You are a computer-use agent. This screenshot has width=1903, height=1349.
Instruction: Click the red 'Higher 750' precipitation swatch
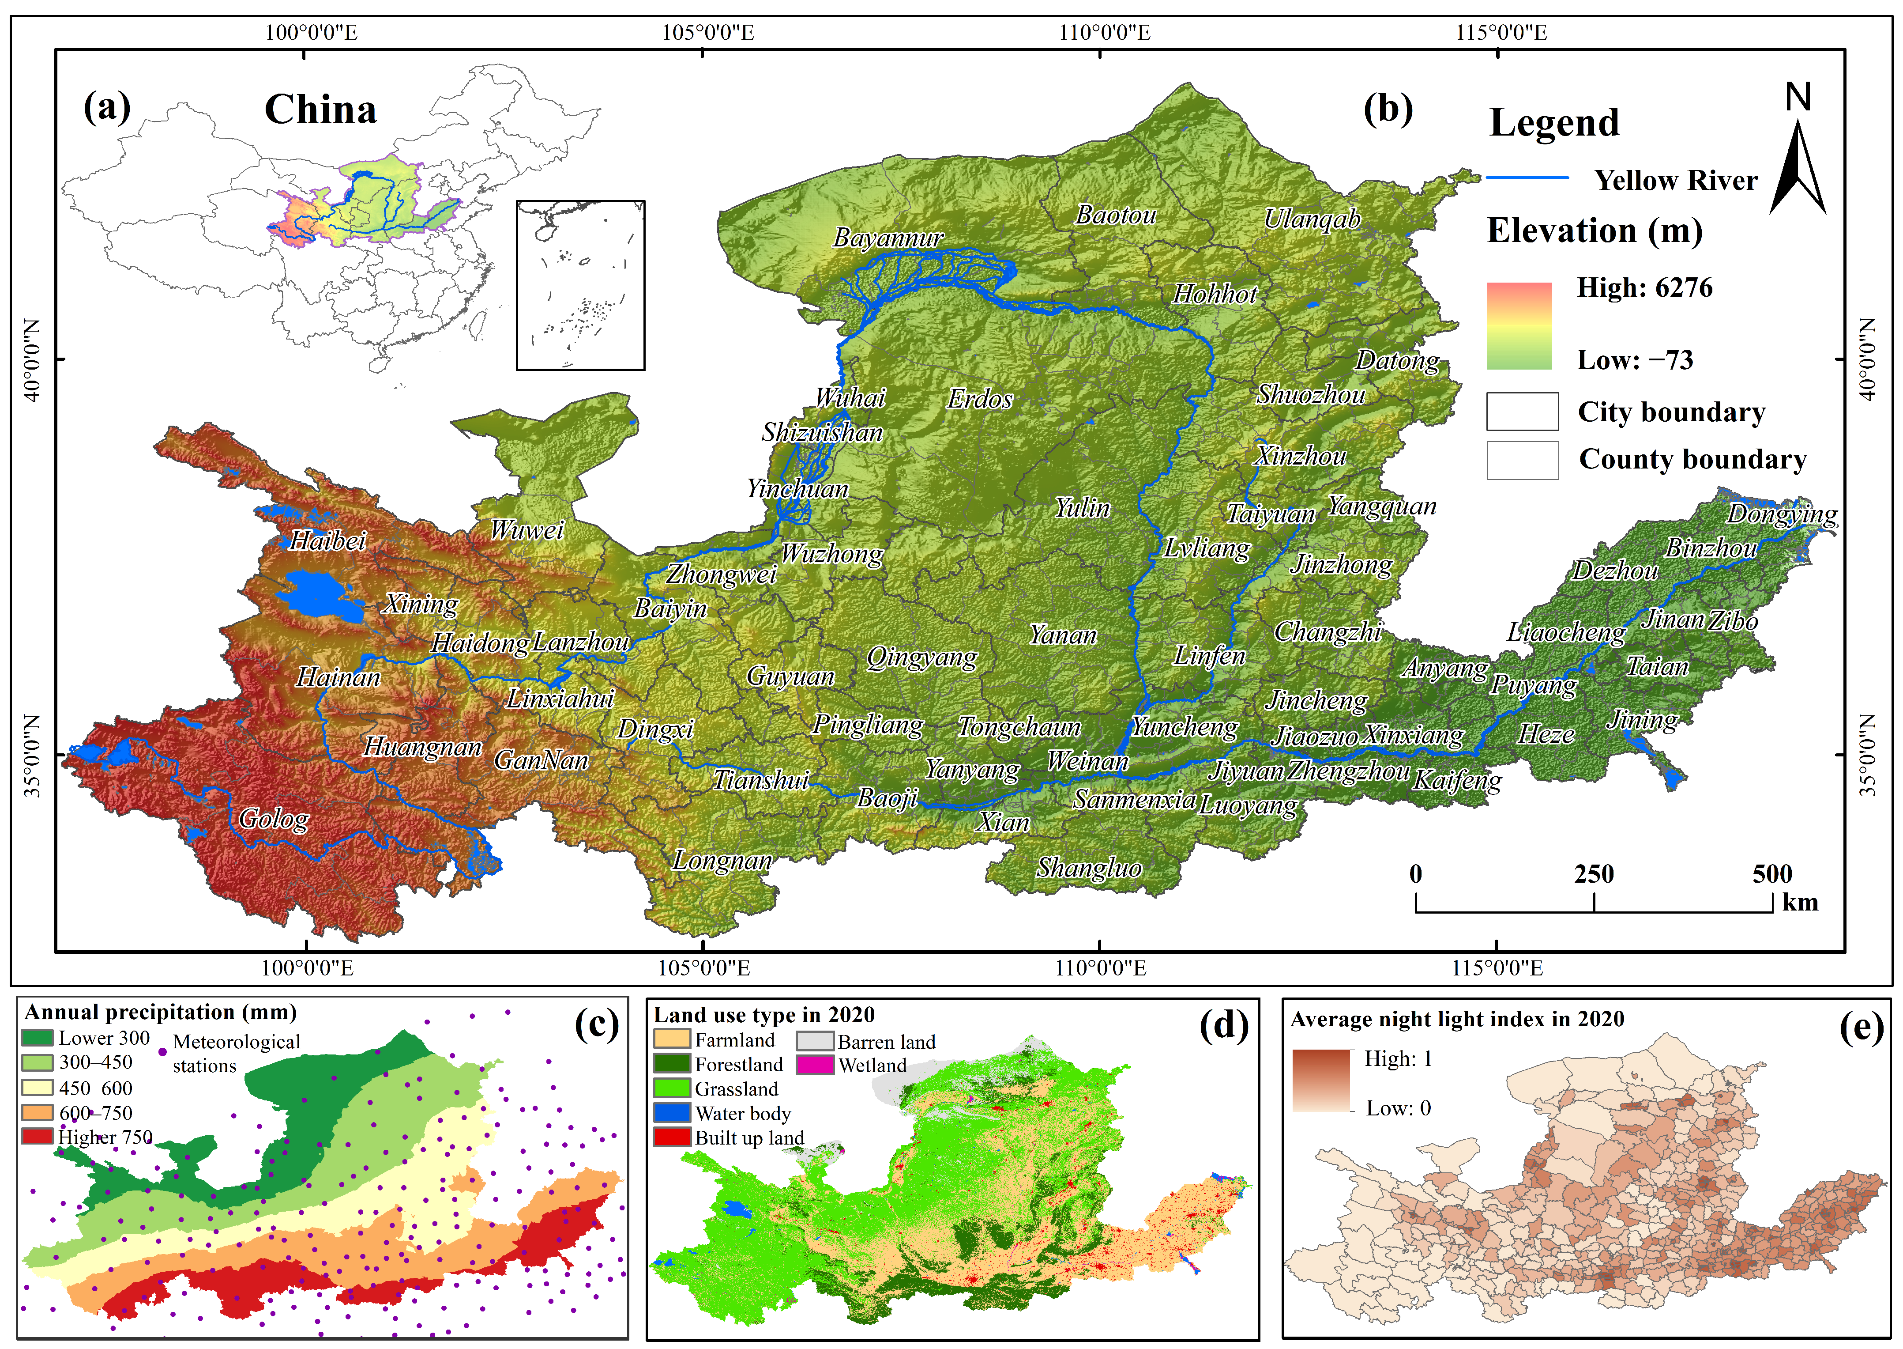click(x=38, y=1136)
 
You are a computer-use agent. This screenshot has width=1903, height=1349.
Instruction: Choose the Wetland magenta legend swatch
click(x=815, y=1065)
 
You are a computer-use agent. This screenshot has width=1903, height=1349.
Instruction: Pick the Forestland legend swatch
click(x=672, y=1064)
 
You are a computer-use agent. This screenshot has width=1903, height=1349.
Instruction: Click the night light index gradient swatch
click(x=1321, y=1080)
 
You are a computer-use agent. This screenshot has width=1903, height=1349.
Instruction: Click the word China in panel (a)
click(x=320, y=110)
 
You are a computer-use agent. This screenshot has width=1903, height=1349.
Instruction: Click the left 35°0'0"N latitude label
click(x=33, y=755)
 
